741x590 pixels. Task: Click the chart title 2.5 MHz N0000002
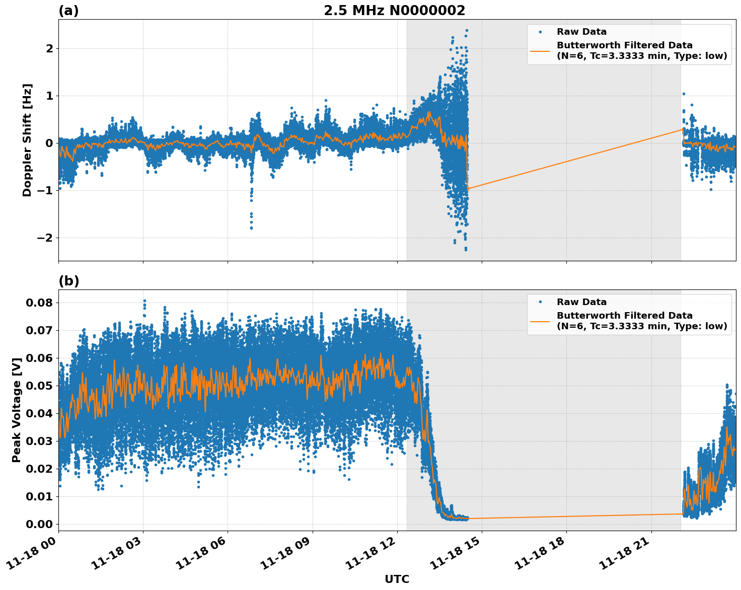coord(394,11)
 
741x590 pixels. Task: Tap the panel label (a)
coord(68,11)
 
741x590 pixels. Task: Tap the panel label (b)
coord(68,281)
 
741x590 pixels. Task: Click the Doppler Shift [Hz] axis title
coord(27,140)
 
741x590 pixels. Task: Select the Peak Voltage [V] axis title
coord(17,410)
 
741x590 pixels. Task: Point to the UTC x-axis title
coord(397,579)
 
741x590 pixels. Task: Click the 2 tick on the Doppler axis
coord(49,48)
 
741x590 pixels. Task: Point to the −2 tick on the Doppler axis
coord(45,238)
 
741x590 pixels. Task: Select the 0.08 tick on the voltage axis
coord(39,303)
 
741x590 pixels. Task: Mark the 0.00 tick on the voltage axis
coord(39,524)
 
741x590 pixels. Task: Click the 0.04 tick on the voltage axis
coord(39,413)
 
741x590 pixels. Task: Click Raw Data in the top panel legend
coord(581,32)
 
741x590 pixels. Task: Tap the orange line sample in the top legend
coord(540,51)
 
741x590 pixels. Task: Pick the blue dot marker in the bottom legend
coord(540,302)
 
